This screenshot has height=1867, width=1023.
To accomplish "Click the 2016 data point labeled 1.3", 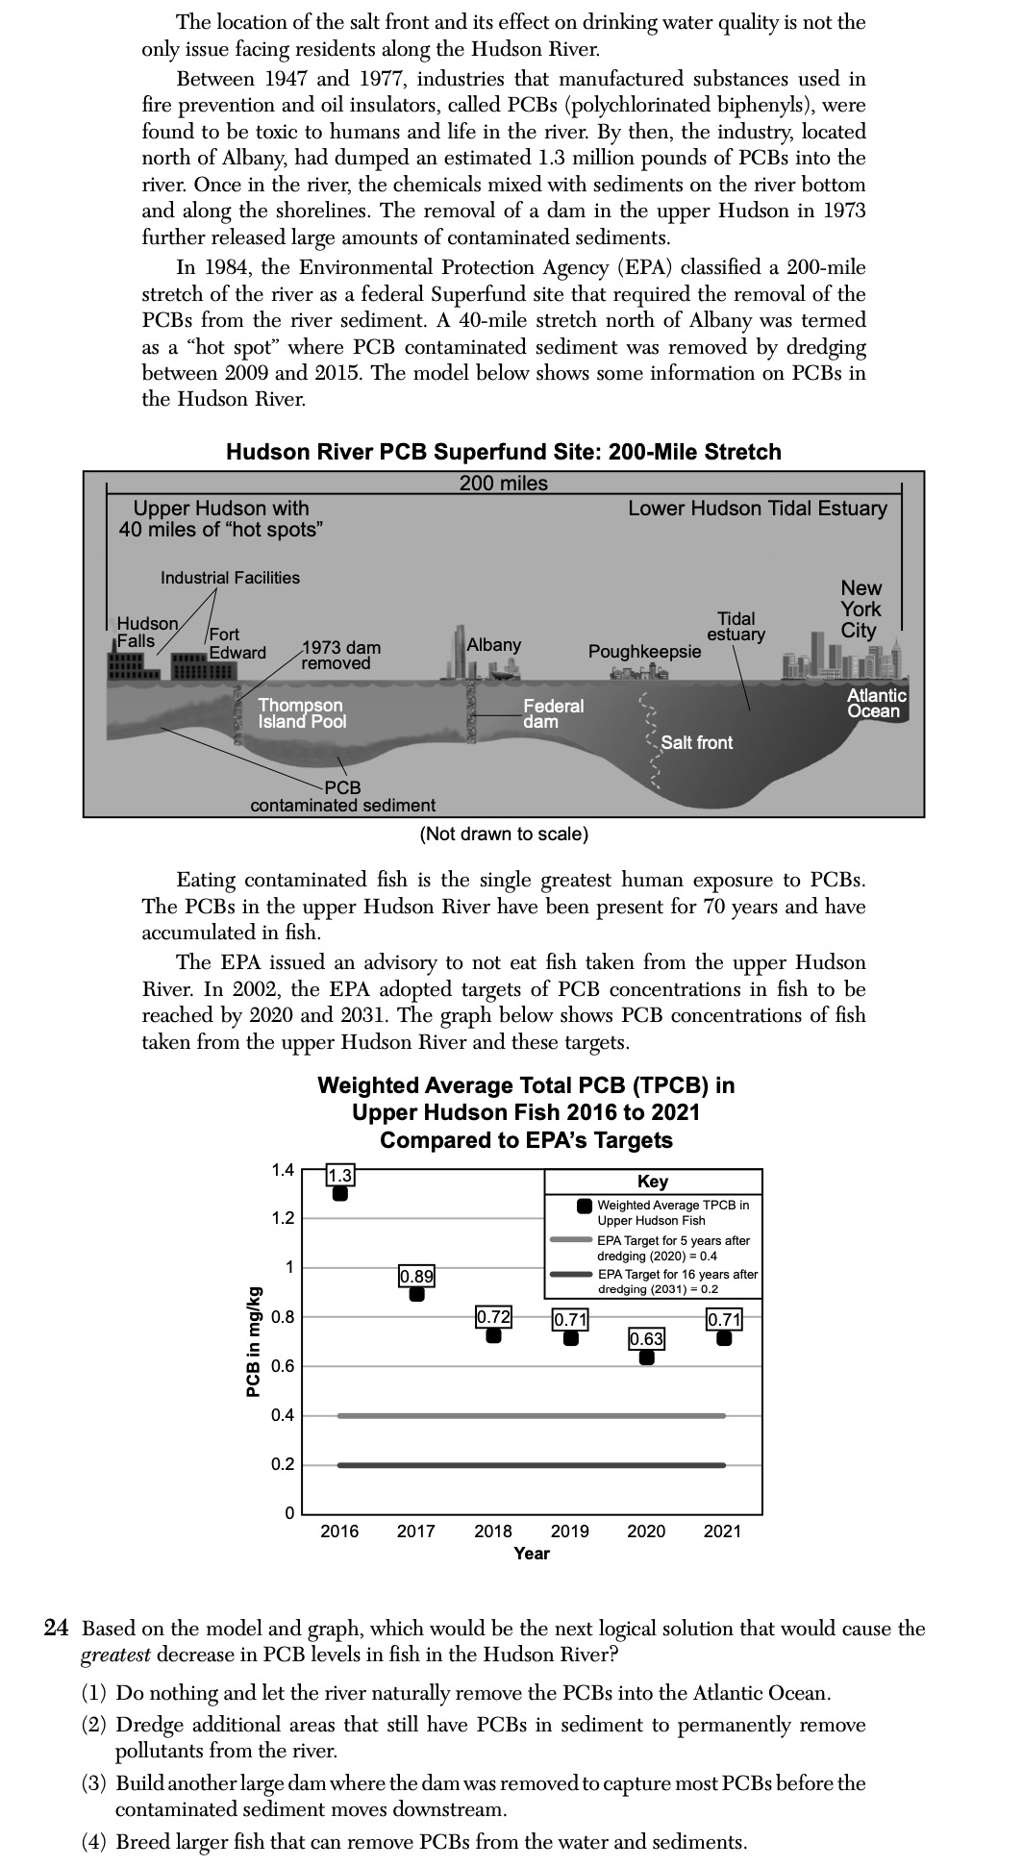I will point(339,1193).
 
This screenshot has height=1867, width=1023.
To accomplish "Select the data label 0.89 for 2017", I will point(416,1276).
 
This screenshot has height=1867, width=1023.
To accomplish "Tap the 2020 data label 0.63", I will point(646,1337).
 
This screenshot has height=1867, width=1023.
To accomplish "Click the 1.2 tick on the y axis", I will point(282,1219).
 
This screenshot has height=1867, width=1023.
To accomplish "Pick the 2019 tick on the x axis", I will point(569,1531).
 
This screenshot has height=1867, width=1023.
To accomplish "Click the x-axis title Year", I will point(532,1553).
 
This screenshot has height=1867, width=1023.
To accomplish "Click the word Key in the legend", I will point(653,1182).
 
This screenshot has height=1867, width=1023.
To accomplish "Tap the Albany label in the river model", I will point(494,644).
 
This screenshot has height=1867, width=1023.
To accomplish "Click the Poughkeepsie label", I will point(644,651).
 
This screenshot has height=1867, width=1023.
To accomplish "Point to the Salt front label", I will point(696,742).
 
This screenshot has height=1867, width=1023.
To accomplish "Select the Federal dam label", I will point(552,713).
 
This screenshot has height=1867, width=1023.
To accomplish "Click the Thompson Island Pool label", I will point(302,713).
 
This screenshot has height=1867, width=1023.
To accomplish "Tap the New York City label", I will point(861,610).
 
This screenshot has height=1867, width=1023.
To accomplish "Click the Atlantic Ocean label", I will point(876,703).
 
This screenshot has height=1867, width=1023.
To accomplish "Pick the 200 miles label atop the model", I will point(503,484).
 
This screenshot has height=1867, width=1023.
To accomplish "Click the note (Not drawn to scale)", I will point(504,834).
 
